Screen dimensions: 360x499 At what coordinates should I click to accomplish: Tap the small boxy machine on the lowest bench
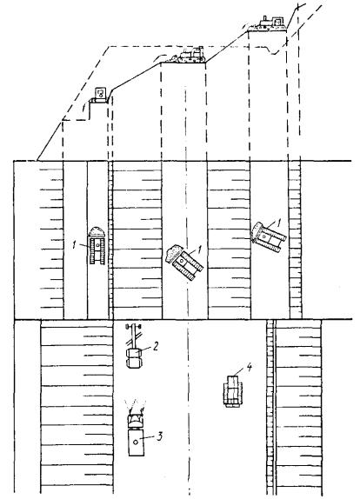coord(100,95)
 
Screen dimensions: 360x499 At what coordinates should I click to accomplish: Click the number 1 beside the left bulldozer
coord(74,245)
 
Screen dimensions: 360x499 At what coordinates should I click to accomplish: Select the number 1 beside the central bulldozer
coord(200,249)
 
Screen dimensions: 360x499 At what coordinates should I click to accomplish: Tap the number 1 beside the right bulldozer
coord(279,223)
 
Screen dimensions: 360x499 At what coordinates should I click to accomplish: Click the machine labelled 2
coord(134,346)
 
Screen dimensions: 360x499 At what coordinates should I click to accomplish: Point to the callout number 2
coord(156,346)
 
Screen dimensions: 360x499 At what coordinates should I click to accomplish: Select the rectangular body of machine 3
coord(137,442)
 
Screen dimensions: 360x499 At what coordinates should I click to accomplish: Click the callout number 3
coord(159,436)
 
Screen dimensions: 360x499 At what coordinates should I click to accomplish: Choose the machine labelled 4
coord(233,391)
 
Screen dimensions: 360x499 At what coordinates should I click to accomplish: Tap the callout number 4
coord(250,368)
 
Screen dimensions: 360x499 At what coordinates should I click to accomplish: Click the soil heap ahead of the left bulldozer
coord(97,231)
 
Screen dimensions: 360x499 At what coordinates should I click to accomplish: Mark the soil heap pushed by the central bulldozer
coord(172,253)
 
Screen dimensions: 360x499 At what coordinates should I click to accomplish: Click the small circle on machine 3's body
coord(136,442)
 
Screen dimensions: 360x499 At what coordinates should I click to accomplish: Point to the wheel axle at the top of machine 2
coord(134,326)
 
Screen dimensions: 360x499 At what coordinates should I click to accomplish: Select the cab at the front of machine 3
coord(136,422)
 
